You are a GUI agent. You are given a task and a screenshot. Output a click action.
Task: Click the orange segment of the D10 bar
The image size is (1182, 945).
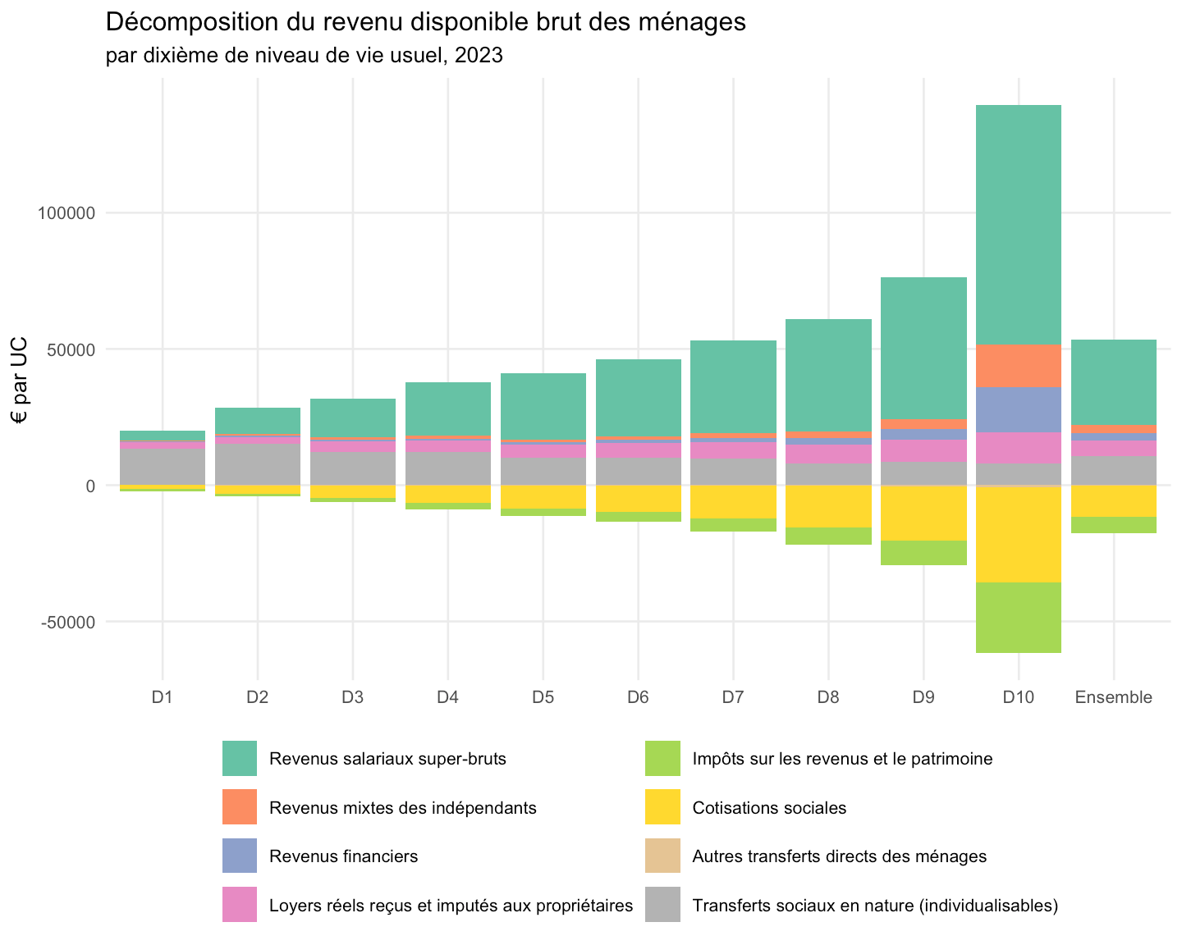[x=1018, y=366]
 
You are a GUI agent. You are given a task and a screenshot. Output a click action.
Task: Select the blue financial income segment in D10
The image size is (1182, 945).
[x=1018, y=409]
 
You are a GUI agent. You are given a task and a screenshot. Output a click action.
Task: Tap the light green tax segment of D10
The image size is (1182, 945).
[x=1018, y=617]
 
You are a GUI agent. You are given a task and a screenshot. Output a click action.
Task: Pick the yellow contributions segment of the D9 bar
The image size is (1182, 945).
[x=923, y=514]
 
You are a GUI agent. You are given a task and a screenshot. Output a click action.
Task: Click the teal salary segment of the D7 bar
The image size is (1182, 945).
[x=733, y=386]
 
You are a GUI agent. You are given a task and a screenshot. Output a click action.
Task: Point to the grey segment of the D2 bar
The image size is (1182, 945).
[x=257, y=464]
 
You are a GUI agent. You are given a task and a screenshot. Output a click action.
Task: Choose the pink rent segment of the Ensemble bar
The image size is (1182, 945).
[x=1113, y=448]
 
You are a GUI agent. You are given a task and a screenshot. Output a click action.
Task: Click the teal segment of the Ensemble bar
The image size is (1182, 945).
[x=1113, y=382]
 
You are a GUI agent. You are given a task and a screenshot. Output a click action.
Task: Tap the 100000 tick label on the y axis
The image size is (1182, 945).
[x=66, y=213]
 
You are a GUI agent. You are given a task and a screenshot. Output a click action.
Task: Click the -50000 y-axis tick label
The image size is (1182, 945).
[x=68, y=622]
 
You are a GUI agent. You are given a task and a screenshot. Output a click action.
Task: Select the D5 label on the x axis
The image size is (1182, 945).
[x=543, y=696]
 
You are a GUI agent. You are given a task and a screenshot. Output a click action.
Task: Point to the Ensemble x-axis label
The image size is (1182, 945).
[x=1113, y=696]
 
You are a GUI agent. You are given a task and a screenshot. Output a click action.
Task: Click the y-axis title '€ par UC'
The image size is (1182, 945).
[x=19, y=380]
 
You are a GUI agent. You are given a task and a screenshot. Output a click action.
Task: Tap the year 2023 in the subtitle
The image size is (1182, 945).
[x=479, y=56]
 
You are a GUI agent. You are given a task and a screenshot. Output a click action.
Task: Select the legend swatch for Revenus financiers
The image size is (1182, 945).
[x=239, y=855]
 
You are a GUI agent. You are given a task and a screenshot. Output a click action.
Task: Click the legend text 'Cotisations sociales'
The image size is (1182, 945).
[x=769, y=808]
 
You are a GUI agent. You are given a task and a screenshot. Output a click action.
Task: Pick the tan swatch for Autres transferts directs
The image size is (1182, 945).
[x=662, y=855]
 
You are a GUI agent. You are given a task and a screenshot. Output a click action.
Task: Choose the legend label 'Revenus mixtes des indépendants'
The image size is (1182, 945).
[x=402, y=808]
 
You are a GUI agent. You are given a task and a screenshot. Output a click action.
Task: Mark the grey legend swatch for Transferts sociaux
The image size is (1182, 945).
[x=662, y=904]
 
